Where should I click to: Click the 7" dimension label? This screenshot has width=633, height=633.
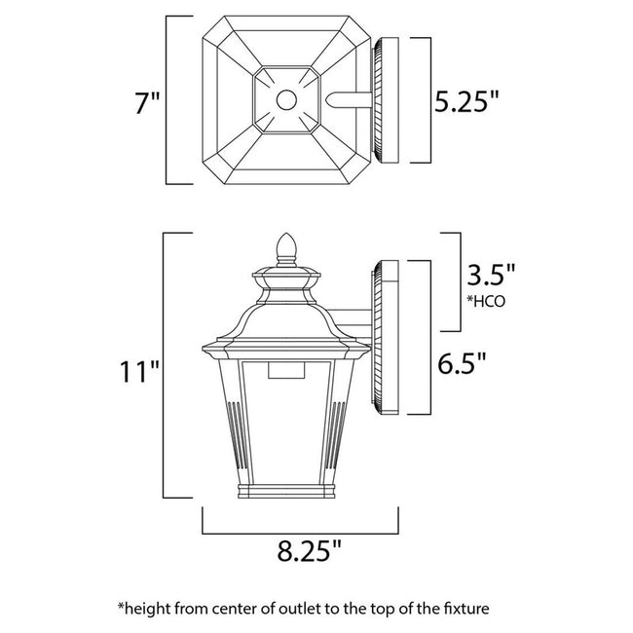(145, 101)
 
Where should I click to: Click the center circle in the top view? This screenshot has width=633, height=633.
(285, 99)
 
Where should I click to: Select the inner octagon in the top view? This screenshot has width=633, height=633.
(285, 99)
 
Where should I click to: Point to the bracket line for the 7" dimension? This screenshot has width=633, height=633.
(167, 99)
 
